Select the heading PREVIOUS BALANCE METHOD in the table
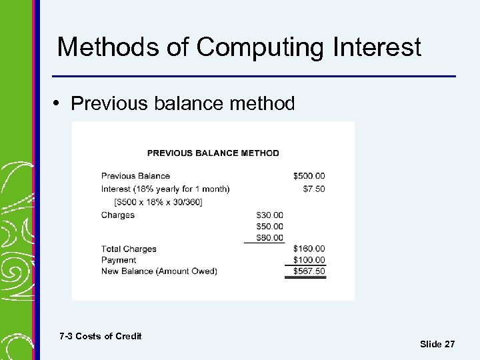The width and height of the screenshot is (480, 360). (x=213, y=153)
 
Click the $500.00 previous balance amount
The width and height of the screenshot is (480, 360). (x=309, y=176)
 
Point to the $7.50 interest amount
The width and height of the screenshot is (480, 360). (x=314, y=189)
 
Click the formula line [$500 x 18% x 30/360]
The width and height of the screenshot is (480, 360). (x=158, y=202)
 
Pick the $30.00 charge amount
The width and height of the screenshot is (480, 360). (x=269, y=215)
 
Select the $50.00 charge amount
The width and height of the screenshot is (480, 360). (x=269, y=227)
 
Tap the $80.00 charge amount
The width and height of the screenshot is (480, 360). (x=269, y=237)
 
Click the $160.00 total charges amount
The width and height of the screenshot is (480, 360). (x=309, y=249)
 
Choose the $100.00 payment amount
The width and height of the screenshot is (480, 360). (x=309, y=260)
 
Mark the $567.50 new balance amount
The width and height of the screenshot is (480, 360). (x=309, y=271)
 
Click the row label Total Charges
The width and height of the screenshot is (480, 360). (x=129, y=249)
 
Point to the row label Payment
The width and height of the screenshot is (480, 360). (x=119, y=260)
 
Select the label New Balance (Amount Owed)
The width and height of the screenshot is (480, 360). (x=159, y=271)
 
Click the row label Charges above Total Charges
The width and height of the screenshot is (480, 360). (x=118, y=215)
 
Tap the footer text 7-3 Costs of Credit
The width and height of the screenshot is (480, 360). (x=100, y=336)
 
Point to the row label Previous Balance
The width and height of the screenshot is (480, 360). (x=135, y=176)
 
